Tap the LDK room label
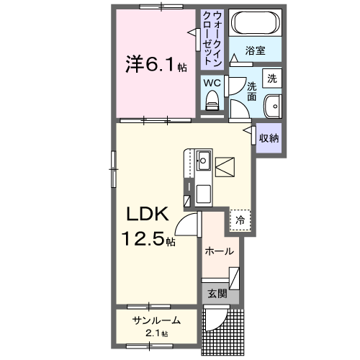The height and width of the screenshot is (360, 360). [148, 214]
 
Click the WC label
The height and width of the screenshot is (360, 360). [212, 83]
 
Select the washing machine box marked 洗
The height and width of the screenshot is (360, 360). [272, 78]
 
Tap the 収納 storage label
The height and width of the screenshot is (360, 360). [269, 138]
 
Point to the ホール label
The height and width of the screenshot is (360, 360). [219, 251]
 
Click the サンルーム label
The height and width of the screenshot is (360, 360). [156, 320]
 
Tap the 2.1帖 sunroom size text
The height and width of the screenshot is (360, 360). [156, 333]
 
